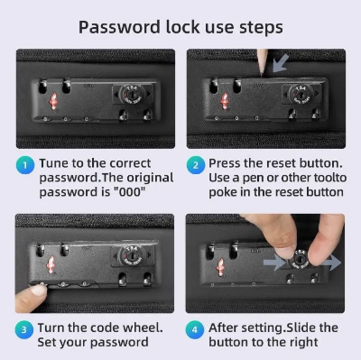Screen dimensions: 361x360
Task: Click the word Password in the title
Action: click(119, 27)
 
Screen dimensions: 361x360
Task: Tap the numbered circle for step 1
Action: click(25, 165)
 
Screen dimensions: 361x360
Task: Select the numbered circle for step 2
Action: click(196, 165)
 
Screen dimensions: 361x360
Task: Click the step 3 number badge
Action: click(24, 330)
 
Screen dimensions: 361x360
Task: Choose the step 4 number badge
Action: click(195, 330)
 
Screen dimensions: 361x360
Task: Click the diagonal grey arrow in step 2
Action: click(281, 63)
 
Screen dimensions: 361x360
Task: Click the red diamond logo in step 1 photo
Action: click(53, 101)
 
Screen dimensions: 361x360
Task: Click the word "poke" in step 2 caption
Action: click(223, 192)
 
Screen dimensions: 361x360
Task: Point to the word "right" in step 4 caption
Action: click(303, 343)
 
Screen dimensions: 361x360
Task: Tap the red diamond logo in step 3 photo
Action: click(51, 264)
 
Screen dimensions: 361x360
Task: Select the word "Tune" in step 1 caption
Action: click(54, 163)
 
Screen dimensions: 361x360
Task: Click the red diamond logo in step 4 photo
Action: click(221, 267)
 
